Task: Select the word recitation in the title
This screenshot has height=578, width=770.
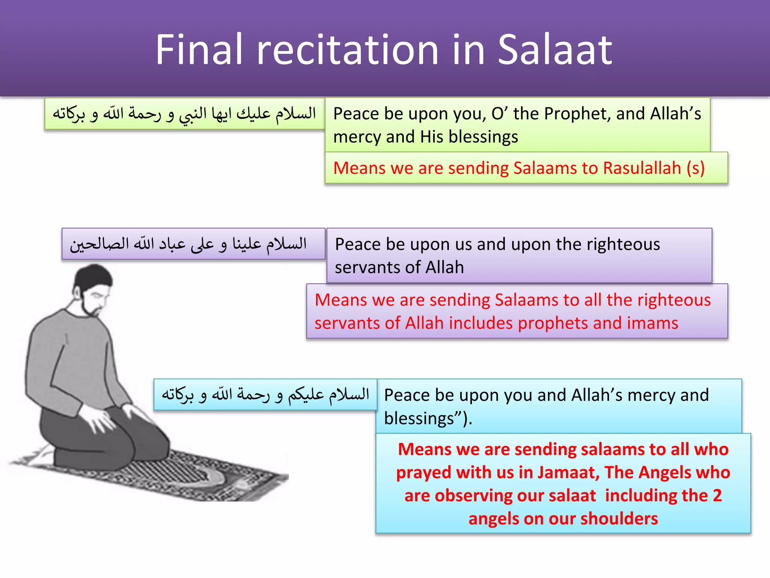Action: tap(348, 50)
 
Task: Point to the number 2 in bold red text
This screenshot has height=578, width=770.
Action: tap(717, 495)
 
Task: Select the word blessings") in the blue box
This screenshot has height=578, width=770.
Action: tap(428, 418)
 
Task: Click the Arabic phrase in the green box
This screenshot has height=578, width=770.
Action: tap(184, 114)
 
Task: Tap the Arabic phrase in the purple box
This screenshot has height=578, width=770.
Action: tap(188, 244)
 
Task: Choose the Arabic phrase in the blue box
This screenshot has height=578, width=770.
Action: tap(265, 394)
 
